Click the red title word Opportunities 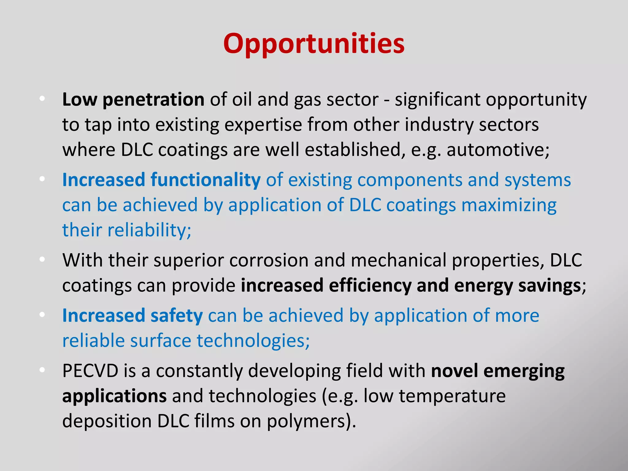(x=314, y=44)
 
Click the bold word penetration (x=153, y=100)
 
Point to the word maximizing (x=509, y=205)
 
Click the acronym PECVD (x=90, y=371)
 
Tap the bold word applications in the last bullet (x=114, y=396)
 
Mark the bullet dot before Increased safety (x=42, y=315)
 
